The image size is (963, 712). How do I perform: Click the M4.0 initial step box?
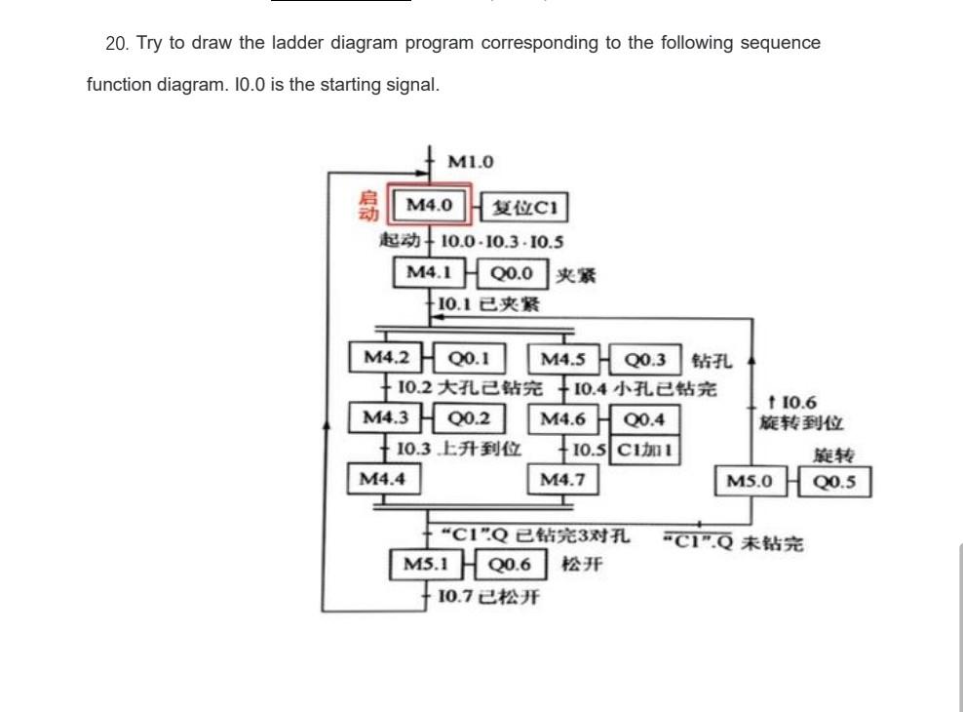(x=430, y=206)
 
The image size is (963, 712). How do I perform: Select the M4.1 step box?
(x=430, y=273)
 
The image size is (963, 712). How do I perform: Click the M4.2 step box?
(x=387, y=357)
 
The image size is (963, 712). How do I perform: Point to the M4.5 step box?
(x=563, y=358)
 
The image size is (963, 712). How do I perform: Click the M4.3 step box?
(x=387, y=418)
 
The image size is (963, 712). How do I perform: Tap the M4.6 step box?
(x=563, y=419)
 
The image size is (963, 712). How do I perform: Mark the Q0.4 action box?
(x=644, y=420)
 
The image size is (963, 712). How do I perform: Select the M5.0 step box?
(x=751, y=481)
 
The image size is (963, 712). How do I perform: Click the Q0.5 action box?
(x=834, y=481)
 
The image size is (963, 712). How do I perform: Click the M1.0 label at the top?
(x=471, y=161)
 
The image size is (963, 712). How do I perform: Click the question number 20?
(x=116, y=43)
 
